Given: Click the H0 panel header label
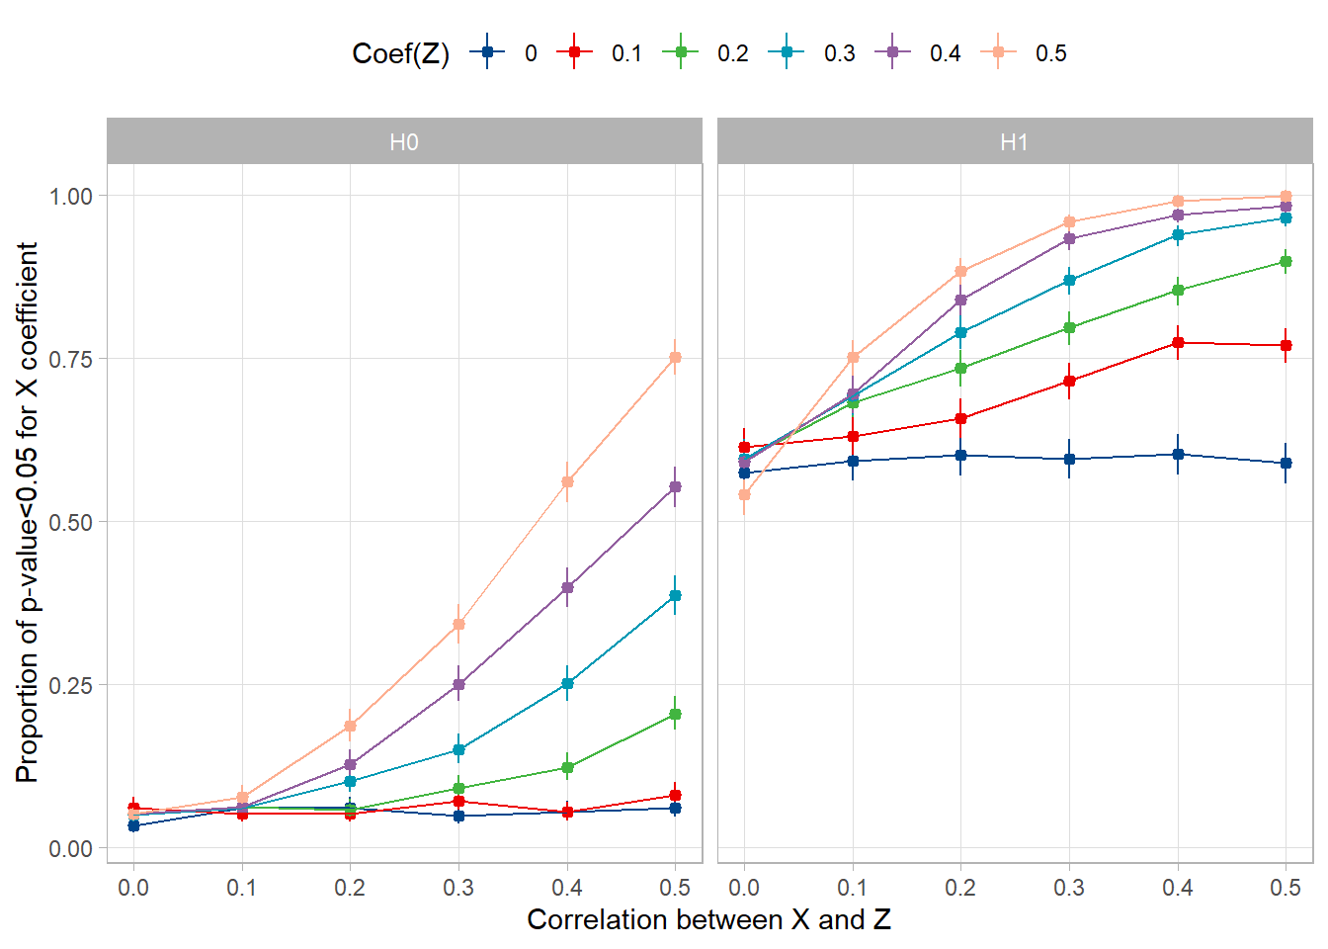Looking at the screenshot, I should [404, 142].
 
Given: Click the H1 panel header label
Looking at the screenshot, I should [1014, 142].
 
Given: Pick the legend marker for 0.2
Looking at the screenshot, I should [681, 52].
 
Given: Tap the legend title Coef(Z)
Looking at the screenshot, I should [400, 53].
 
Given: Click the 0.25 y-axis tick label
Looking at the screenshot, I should [71, 685].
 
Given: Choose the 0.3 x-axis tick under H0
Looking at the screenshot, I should [458, 888].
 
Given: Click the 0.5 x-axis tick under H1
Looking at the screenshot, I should [1286, 888].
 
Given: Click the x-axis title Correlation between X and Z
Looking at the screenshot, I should [708, 920].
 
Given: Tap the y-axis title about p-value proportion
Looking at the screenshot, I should [28, 512].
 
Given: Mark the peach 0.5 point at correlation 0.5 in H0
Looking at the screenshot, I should [675, 358].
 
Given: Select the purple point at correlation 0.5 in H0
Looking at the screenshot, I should [675, 487].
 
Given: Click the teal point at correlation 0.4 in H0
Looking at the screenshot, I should [567, 683].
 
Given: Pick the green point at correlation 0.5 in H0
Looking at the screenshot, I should [675, 714].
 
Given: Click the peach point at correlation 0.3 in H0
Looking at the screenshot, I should [458, 624].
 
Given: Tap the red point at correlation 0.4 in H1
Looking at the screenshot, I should [1178, 342].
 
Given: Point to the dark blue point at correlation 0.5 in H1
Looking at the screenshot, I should [1286, 463].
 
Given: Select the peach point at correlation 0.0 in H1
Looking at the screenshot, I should [744, 494].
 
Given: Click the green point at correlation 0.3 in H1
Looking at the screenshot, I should [1069, 327].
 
